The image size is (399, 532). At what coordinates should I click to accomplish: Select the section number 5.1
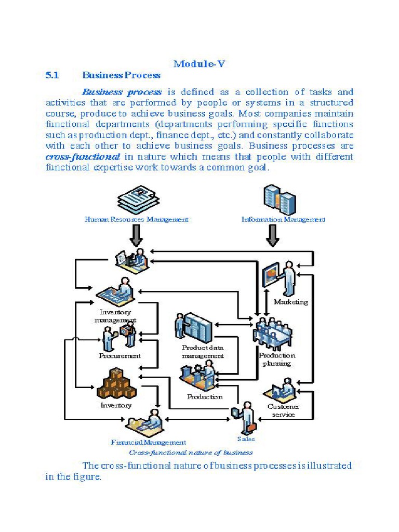coord(53,75)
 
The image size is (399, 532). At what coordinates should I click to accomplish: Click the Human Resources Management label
coord(136,219)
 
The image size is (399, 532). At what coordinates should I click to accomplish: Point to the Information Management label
coord(283,219)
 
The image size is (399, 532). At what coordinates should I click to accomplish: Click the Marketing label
coord(291,302)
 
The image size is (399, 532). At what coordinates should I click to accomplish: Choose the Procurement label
coord(119,356)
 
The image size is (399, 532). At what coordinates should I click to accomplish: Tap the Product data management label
coord(203,351)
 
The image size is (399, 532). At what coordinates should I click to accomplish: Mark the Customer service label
coord(283,410)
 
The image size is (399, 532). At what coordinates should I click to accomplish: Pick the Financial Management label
coord(148,442)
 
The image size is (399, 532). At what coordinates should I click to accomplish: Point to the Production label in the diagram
coord(205,396)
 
